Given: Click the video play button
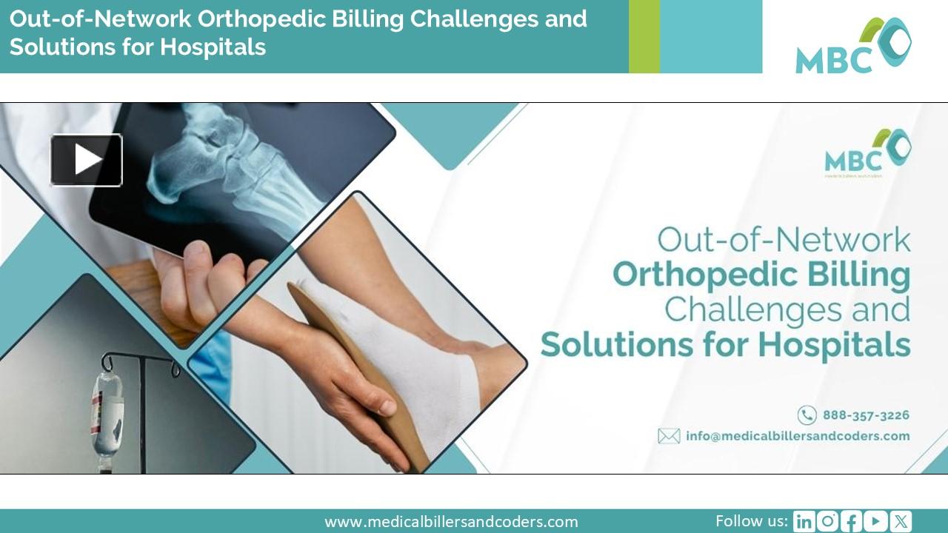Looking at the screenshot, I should click(x=87, y=160).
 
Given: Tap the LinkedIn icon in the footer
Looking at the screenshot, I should click(x=804, y=522).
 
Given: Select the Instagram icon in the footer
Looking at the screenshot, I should click(x=827, y=522).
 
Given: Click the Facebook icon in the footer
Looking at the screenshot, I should click(x=852, y=522).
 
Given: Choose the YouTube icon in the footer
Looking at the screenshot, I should click(x=876, y=522).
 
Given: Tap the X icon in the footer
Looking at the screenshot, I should click(x=901, y=522).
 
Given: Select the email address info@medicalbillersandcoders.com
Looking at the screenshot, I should click(x=798, y=436).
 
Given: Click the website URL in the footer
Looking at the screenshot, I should click(x=451, y=522).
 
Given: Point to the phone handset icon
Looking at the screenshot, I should click(x=807, y=415).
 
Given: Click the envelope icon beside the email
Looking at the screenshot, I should click(x=669, y=436).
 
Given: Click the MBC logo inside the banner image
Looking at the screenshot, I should click(x=867, y=153).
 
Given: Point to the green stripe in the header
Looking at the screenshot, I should click(x=644, y=36).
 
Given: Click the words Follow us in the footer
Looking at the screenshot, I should click(x=751, y=521).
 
